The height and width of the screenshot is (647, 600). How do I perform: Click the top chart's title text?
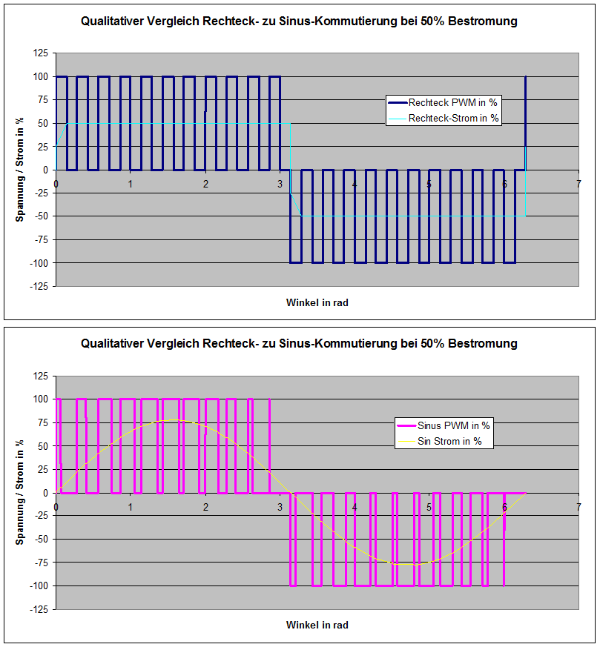(299, 21)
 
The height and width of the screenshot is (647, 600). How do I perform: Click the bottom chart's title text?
(299, 344)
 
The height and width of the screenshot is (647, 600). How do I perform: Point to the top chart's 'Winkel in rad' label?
(317, 302)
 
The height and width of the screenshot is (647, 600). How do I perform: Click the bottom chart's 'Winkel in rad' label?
(317, 625)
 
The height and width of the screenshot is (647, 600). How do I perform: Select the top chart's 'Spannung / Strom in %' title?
(20, 170)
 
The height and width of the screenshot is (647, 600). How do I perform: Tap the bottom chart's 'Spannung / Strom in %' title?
(20, 492)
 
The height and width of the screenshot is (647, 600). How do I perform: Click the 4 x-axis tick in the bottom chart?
(355, 506)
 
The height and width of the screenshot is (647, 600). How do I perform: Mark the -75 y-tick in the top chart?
(40, 239)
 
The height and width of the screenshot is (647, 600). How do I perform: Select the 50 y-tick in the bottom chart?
(42, 446)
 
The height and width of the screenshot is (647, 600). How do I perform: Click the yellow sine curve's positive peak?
(174, 419)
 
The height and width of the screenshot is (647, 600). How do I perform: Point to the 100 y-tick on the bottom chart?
(40, 399)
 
